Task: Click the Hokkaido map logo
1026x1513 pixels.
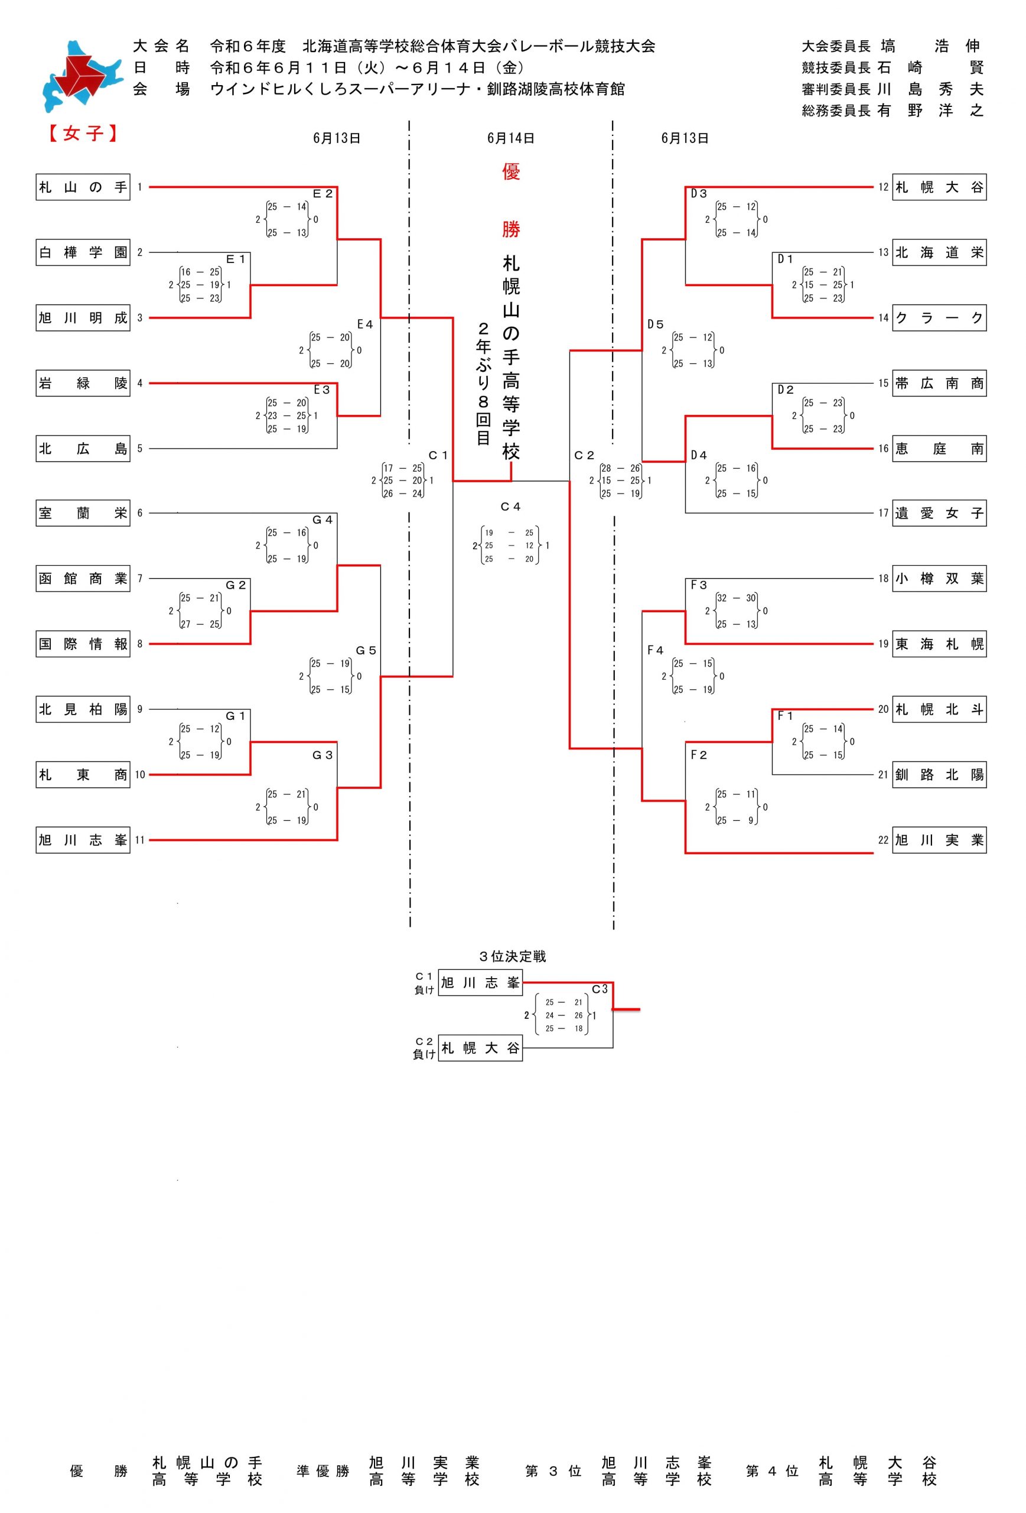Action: (x=82, y=77)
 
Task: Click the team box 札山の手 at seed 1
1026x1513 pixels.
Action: (x=83, y=187)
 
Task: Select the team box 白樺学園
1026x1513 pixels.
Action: (x=83, y=252)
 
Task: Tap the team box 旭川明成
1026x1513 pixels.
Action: (x=83, y=318)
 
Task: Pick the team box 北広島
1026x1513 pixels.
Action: (x=83, y=449)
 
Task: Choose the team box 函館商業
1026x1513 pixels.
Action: (x=83, y=579)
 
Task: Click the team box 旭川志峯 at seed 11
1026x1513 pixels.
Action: (x=83, y=840)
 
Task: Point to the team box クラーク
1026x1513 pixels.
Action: (x=939, y=318)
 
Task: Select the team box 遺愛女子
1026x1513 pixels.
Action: (x=939, y=513)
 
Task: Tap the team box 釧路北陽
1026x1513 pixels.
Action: (x=939, y=775)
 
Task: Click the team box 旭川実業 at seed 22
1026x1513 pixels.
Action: (x=939, y=840)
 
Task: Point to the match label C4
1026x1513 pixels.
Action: (x=511, y=507)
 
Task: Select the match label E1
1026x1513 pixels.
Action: (x=236, y=259)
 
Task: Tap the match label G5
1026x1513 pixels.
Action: (x=366, y=650)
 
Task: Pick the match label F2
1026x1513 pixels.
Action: (x=699, y=755)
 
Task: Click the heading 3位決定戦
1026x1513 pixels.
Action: (x=512, y=956)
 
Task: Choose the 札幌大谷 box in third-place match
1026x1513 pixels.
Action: (x=480, y=1047)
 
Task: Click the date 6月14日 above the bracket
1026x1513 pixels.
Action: (x=511, y=138)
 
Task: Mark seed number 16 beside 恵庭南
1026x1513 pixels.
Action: (x=883, y=449)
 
